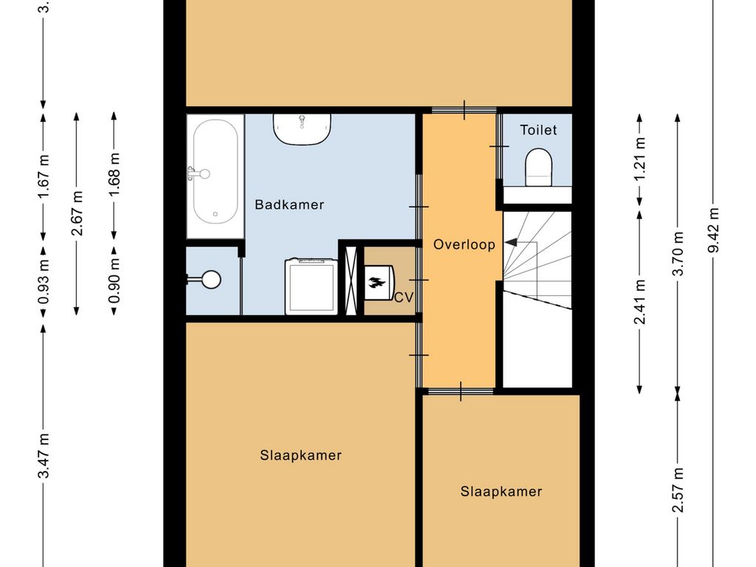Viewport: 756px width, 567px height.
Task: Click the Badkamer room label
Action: tap(289, 205)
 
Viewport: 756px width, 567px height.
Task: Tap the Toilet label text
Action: tap(538, 130)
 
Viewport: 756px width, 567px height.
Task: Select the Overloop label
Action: tap(464, 244)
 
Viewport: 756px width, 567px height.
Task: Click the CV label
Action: tap(403, 298)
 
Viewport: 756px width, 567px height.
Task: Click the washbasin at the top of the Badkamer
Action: tap(302, 129)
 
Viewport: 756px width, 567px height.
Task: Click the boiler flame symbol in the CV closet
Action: tap(378, 282)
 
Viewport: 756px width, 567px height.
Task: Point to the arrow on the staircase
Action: tap(511, 242)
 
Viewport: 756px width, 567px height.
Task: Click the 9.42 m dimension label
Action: tap(713, 230)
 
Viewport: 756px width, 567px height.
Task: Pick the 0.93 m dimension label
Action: tap(44, 275)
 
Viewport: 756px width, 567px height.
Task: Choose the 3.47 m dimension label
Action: tap(44, 456)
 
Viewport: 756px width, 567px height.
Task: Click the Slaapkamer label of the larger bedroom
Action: tap(300, 456)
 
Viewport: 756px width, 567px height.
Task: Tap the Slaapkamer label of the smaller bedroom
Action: tap(501, 492)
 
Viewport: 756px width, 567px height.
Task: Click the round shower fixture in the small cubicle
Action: tap(211, 279)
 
